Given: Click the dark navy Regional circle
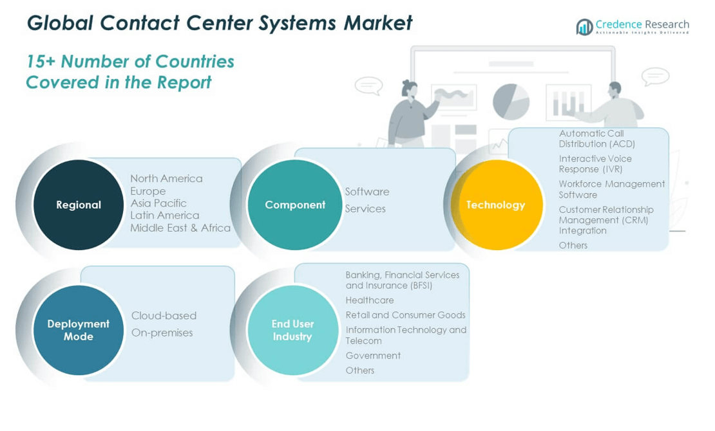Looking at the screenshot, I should [x=79, y=205].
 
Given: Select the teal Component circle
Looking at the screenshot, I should [x=295, y=205].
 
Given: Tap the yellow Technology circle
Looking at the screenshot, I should [x=496, y=205].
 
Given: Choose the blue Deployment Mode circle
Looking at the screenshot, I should [x=79, y=330].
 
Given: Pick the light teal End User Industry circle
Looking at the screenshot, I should [x=292, y=330].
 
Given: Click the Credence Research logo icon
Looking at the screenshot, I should [x=584, y=27].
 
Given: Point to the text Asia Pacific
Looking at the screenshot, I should [x=158, y=203].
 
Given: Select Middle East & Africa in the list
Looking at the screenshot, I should [x=180, y=228].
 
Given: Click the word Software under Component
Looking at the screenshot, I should [x=367, y=192].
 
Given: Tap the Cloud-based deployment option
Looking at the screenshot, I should [x=164, y=316].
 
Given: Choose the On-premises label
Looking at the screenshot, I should [x=162, y=333].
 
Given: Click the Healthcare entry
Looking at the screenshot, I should [x=370, y=300].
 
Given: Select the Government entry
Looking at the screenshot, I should [x=373, y=356].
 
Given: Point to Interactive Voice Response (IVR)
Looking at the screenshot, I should [x=595, y=164].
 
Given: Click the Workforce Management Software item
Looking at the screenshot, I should [x=611, y=189].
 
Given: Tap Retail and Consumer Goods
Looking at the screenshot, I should [x=405, y=315].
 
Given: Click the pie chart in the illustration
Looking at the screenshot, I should [x=511, y=102].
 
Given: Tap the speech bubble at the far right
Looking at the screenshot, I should [x=655, y=77].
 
